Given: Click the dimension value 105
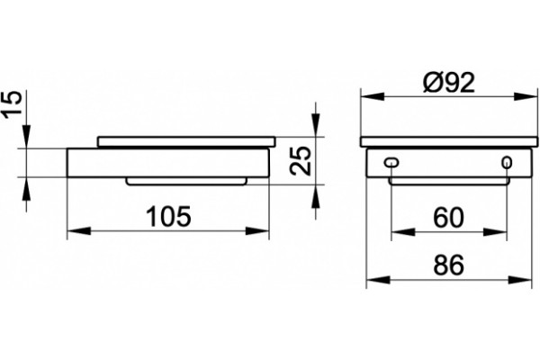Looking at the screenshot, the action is tap(168, 216).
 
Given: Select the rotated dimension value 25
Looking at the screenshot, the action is tap(301, 160).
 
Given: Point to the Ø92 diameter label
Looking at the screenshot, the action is tap(449, 83).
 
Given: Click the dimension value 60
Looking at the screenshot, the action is tap(449, 218).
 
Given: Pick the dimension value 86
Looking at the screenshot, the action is tap(449, 265).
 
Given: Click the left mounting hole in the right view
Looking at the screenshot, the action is tap(391, 162).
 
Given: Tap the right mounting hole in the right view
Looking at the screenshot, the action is tap(507, 162).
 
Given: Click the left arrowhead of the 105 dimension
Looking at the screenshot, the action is tap(78, 230).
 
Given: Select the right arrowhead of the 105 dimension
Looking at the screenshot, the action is tap(256, 230).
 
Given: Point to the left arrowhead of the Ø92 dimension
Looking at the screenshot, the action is tap(373, 96).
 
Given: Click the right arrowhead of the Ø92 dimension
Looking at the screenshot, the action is tap(526, 96).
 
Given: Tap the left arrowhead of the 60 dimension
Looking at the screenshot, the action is tap(403, 232).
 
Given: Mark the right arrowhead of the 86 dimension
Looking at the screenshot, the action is tap(519, 280).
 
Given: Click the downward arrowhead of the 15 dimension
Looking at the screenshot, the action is tap(26, 137).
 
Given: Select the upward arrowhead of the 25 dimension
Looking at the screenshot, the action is tap(315, 196).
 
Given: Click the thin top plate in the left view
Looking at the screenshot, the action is tap(186, 141).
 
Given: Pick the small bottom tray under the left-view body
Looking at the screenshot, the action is tap(186, 181).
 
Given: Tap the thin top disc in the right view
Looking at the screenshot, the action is tap(449, 142).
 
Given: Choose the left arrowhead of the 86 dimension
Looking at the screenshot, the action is tap(378, 280).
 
